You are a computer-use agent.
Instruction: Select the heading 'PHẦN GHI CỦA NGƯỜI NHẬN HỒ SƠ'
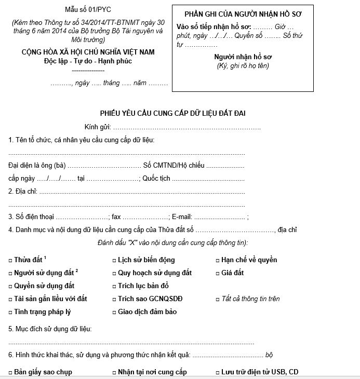243,13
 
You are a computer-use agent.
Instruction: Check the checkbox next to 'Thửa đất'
10,260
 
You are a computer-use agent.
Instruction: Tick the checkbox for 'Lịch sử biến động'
114,260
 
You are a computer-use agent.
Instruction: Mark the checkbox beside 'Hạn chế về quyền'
217,260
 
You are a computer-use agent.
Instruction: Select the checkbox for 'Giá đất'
217,273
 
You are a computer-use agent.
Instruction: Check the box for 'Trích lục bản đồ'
114,286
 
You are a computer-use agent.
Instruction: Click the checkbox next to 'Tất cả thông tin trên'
217,299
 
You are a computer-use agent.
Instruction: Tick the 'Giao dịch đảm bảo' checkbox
114,312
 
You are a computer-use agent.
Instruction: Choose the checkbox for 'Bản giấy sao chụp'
10,372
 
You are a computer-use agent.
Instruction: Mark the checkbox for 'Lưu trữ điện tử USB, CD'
217,372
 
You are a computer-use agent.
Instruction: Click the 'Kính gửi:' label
97,127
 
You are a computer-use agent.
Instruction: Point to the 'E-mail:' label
182,217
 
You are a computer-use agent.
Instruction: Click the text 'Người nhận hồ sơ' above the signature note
243,57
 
